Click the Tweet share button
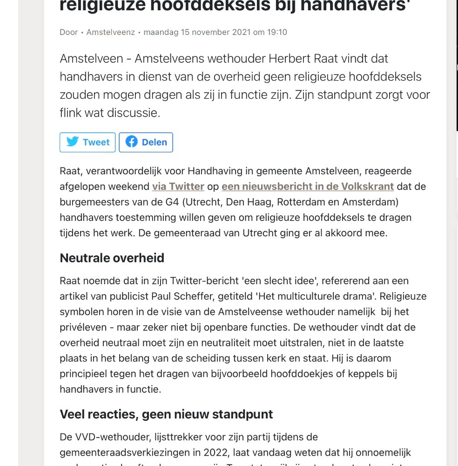click(x=88, y=142)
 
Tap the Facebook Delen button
click(x=146, y=142)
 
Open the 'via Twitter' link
click(x=178, y=186)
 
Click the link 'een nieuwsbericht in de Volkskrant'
click(x=308, y=186)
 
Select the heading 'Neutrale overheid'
click(x=112, y=258)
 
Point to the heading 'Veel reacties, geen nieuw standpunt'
click(x=166, y=414)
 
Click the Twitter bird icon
click(x=73, y=142)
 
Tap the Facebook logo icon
click(x=131, y=142)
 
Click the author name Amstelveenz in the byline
click(x=110, y=32)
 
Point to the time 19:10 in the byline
click(x=276, y=32)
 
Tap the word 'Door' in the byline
click(x=68, y=32)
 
